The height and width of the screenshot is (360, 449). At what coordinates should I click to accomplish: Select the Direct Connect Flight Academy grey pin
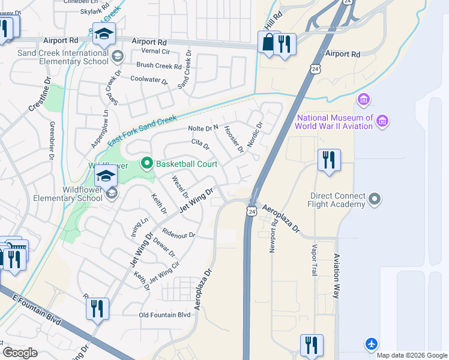(x=375, y=199)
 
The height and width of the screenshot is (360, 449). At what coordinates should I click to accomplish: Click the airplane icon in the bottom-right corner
(x=372, y=344)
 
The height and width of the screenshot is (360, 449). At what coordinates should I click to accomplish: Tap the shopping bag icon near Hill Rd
(x=267, y=43)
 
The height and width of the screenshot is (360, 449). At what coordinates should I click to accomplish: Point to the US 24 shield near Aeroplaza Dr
(x=252, y=211)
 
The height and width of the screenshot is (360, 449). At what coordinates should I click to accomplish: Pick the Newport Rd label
(x=273, y=236)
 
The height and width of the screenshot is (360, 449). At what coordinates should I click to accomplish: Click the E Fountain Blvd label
(x=36, y=307)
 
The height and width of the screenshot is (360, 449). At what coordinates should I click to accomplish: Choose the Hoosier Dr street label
(x=234, y=139)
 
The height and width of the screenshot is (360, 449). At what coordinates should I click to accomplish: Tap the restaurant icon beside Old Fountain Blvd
(x=97, y=309)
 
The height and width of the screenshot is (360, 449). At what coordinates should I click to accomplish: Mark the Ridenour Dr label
(x=179, y=235)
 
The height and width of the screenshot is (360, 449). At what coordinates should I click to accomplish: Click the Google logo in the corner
(x=20, y=353)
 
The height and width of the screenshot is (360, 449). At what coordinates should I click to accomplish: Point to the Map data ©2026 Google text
(x=411, y=355)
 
